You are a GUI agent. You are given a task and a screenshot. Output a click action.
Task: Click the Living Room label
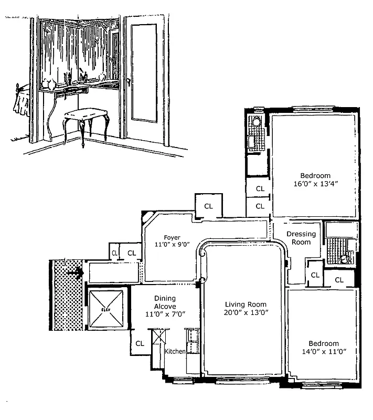point(246,304)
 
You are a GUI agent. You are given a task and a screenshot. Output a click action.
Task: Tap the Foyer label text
point(172,237)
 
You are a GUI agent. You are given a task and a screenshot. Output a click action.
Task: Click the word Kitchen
point(175,351)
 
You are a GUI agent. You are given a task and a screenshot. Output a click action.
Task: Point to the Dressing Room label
point(302,238)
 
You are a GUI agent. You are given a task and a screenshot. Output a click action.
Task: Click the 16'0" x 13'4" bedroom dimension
point(315,184)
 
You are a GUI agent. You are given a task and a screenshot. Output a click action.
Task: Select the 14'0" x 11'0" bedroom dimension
point(323,352)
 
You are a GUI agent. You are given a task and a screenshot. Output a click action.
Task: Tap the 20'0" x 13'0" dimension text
point(246,313)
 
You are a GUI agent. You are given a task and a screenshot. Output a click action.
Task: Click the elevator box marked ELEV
point(106,310)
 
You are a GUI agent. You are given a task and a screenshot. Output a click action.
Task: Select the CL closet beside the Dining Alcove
point(140,343)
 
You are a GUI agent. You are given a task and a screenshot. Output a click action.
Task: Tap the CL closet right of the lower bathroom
point(339,280)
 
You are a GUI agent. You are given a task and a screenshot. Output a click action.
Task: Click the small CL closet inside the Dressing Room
point(315,275)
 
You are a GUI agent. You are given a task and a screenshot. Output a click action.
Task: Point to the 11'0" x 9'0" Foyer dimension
point(172,245)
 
